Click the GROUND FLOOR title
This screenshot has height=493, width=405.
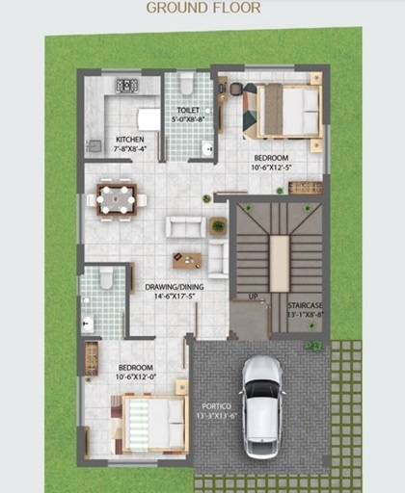pyautogui.click(x=202, y=8)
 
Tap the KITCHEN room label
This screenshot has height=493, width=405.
pyautogui.click(x=129, y=140)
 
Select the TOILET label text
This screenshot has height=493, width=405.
pyautogui.click(x=187, y=110)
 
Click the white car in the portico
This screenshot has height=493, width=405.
pyautogui.click(x=261, y=405)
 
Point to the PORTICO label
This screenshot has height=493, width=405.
pyautogui.click(x=217, y=406)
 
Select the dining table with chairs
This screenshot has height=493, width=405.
pyautogui.click(x=117, y=199)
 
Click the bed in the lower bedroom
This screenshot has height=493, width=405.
pyautogui.click(x=154, y=425)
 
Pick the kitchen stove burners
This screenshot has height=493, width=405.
pyautogui.click(x=127, y=87)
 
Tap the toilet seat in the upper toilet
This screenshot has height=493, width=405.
pyautogui.click(x=187, y=85)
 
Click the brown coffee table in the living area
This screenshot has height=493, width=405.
pyautogui.click(x=187, y=259)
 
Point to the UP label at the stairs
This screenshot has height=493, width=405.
pyautogui.click(x=254, y=296)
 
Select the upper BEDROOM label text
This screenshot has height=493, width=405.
pyautogui.click(x=271, y=157)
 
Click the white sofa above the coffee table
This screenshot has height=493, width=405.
pyautogui.click(x=184, y=226)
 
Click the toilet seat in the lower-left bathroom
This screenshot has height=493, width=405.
pyautogui.click(x=106, y=279)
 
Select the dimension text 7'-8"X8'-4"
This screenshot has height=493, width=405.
pyautogui.click(x=129, y=149)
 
